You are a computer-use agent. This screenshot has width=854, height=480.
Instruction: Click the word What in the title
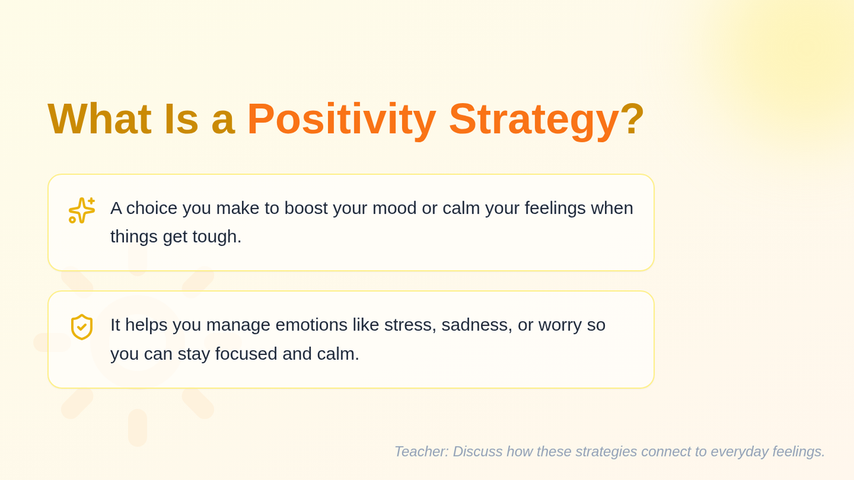point(100,119)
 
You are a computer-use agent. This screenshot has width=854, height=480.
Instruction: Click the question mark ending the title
point(632,119)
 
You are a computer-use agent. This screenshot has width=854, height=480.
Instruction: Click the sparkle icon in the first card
point(82,210)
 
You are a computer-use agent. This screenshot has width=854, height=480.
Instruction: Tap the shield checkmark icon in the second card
point(82,327)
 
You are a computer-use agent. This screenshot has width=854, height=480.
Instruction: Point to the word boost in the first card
point(306,208)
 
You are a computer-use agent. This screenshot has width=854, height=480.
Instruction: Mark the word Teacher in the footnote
point(421,452)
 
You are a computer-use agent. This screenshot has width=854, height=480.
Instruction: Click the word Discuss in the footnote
point(478,452)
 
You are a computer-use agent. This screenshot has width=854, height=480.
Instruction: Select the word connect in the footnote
point(665,452)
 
